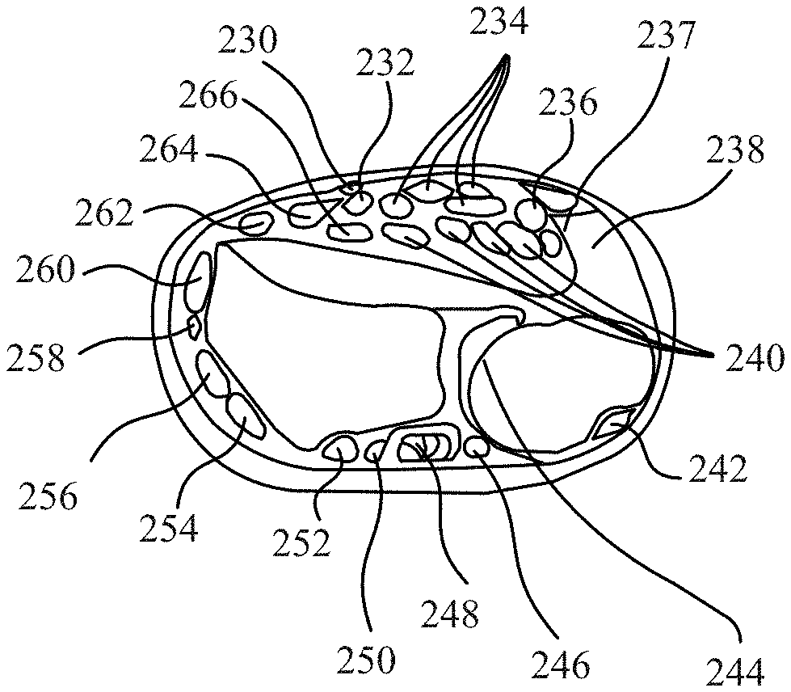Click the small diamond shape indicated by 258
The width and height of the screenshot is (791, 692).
(194, 326)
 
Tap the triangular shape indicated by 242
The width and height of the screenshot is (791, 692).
(609, 424)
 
